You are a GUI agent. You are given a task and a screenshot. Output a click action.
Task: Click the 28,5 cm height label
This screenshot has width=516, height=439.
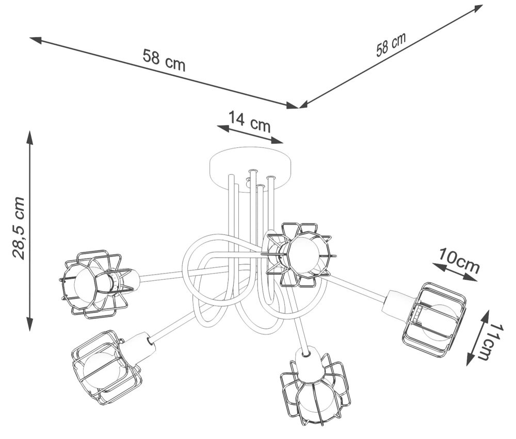pos(19,228)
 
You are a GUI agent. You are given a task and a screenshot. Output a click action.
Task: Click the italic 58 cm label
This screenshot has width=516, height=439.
pos(391,44)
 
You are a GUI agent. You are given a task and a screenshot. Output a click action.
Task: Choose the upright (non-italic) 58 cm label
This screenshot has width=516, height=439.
pos(164,60)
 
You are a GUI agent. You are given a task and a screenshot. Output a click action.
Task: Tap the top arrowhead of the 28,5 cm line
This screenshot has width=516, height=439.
pos(30,138)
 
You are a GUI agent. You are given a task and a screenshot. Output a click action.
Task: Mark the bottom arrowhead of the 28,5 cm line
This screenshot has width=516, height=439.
pos(30,324)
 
